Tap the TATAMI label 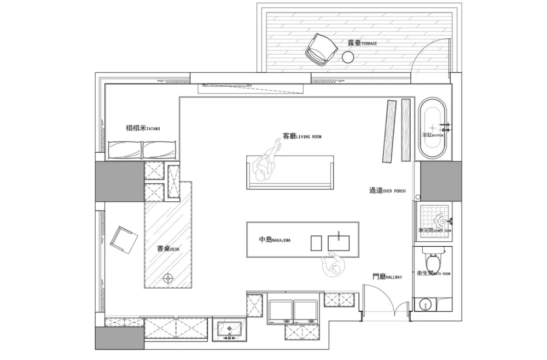(x=143, y=129)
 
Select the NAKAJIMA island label (x=274, y=240)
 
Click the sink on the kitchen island (x=339, y=242)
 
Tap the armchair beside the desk (x=125, y=240)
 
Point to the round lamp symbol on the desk (x=169, y=279)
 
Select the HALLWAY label (x=387, y=277)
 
